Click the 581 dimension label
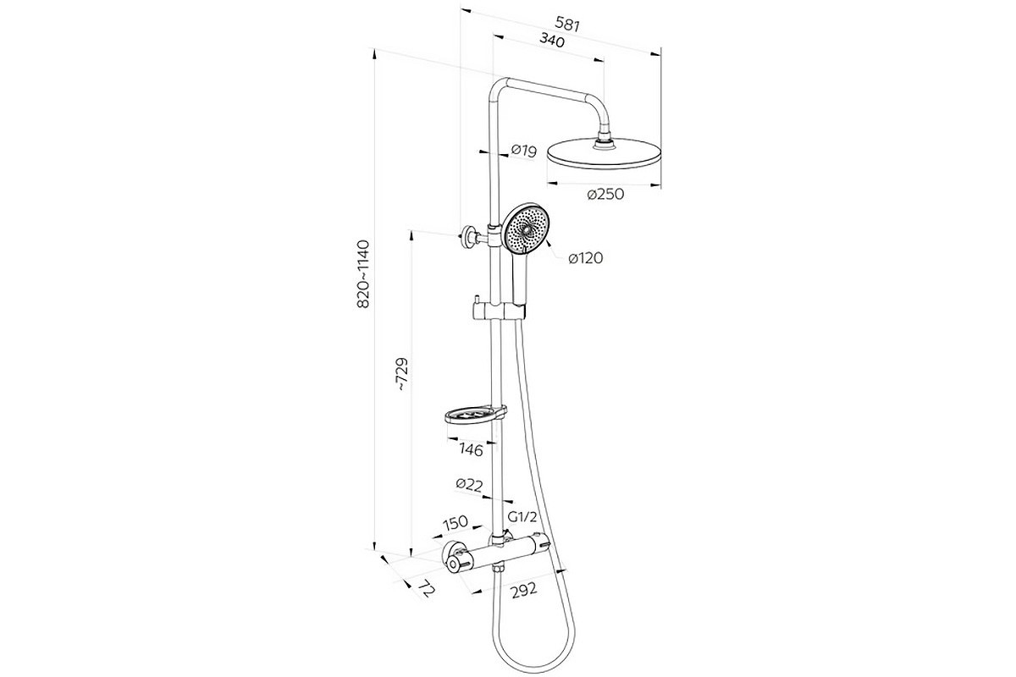(568, 24)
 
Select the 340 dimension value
(552, 41)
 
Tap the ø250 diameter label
(605, 195)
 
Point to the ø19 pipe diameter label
(524, 151)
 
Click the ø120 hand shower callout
(586, 258)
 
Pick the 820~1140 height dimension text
(363, 275)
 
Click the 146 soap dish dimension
(472, 449)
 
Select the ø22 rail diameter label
(469, 485)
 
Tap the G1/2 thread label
(522, 516)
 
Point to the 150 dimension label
(456, 522)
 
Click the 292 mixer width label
(524, 591)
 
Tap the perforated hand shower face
(526, 229)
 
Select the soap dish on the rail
(474, 416)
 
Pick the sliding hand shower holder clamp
(499, 311)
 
